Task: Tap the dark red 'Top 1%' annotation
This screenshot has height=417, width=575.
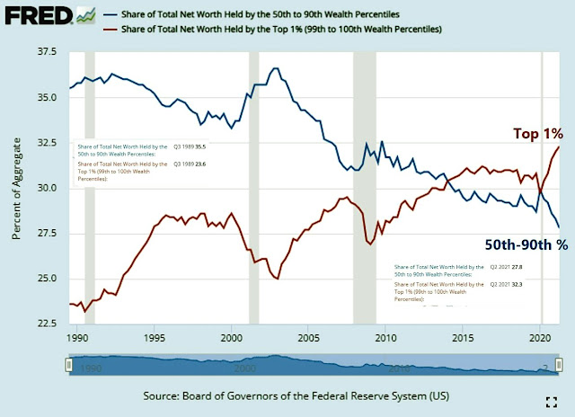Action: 537,134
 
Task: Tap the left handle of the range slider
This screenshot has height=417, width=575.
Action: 67,364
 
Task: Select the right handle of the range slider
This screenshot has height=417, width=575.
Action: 558,364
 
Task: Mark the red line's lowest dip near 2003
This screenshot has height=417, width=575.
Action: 277,279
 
